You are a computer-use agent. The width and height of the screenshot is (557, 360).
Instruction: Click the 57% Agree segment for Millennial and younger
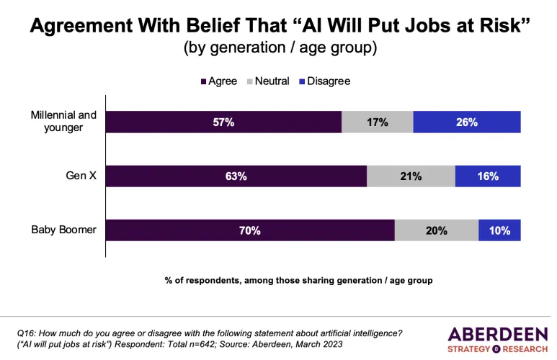tap(224, 122)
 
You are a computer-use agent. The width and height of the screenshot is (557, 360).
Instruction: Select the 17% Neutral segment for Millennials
tap(377, 122)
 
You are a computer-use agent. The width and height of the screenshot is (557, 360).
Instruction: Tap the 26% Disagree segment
tap(466, 122)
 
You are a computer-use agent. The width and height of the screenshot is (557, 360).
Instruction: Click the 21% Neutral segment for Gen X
tap(411, 176)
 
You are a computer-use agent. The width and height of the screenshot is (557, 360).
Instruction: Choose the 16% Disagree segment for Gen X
tap(487, 176)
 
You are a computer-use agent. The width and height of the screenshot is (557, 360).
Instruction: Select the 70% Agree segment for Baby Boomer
tap(251, 230)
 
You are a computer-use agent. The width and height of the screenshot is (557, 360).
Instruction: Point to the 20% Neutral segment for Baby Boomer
tap(436, 230)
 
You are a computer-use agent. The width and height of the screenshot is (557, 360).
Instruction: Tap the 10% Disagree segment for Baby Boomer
tap(499, 230)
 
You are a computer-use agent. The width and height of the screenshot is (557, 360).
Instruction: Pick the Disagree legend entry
tap(324, 81)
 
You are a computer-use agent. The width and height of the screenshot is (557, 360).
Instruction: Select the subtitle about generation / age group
tap(278, 49)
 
